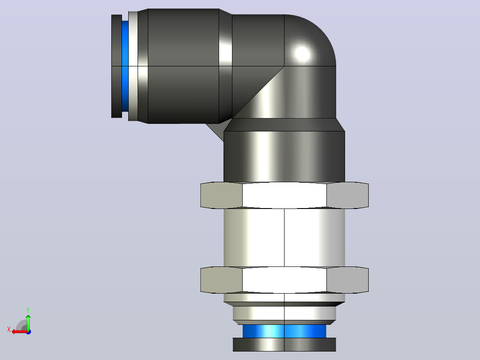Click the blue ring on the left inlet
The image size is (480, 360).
click(x=125, y=66)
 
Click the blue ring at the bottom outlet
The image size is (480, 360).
click(x=285, y=331)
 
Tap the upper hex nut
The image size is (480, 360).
click(x=285, y=195)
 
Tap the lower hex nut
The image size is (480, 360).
click(x=285, y=280)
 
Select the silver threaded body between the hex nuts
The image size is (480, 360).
click(x=285, y=238)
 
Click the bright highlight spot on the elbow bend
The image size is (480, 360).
click(x=302, y=53)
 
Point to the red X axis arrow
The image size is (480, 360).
click(x=20, y=331)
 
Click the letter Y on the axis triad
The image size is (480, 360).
click(x=28, y=310)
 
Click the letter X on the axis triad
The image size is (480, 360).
click(x=9, y=329)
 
